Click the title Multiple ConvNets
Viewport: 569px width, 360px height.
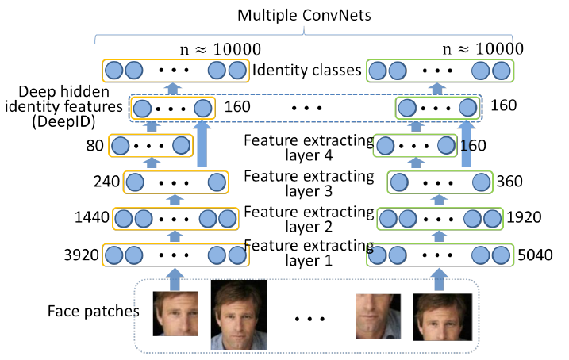tap(304, 16)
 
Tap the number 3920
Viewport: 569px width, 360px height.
tap(81, 255)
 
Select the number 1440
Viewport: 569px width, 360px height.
tap(92, 217)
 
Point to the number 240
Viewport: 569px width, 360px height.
tap(106, 182)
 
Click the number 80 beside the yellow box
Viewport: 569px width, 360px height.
tap(95, 145)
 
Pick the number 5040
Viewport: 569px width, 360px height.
tap(535, 255)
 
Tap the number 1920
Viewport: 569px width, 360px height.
tap(524, 217)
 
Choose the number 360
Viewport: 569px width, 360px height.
tap(509, 182)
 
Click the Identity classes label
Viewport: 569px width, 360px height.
tap(307, 70)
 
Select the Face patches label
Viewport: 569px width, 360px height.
tap(94, 312)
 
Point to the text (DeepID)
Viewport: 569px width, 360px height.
tap(63, 121)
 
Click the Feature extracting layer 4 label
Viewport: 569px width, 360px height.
tap(309, 147)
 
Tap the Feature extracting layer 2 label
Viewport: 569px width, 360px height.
tap(309, 220)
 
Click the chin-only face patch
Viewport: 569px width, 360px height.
tap(378, 316)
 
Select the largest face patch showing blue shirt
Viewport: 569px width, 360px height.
tap(239, 315)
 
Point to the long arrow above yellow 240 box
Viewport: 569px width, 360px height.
tap(202, 144)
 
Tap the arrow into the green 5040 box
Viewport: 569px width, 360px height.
tap(439, 280)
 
